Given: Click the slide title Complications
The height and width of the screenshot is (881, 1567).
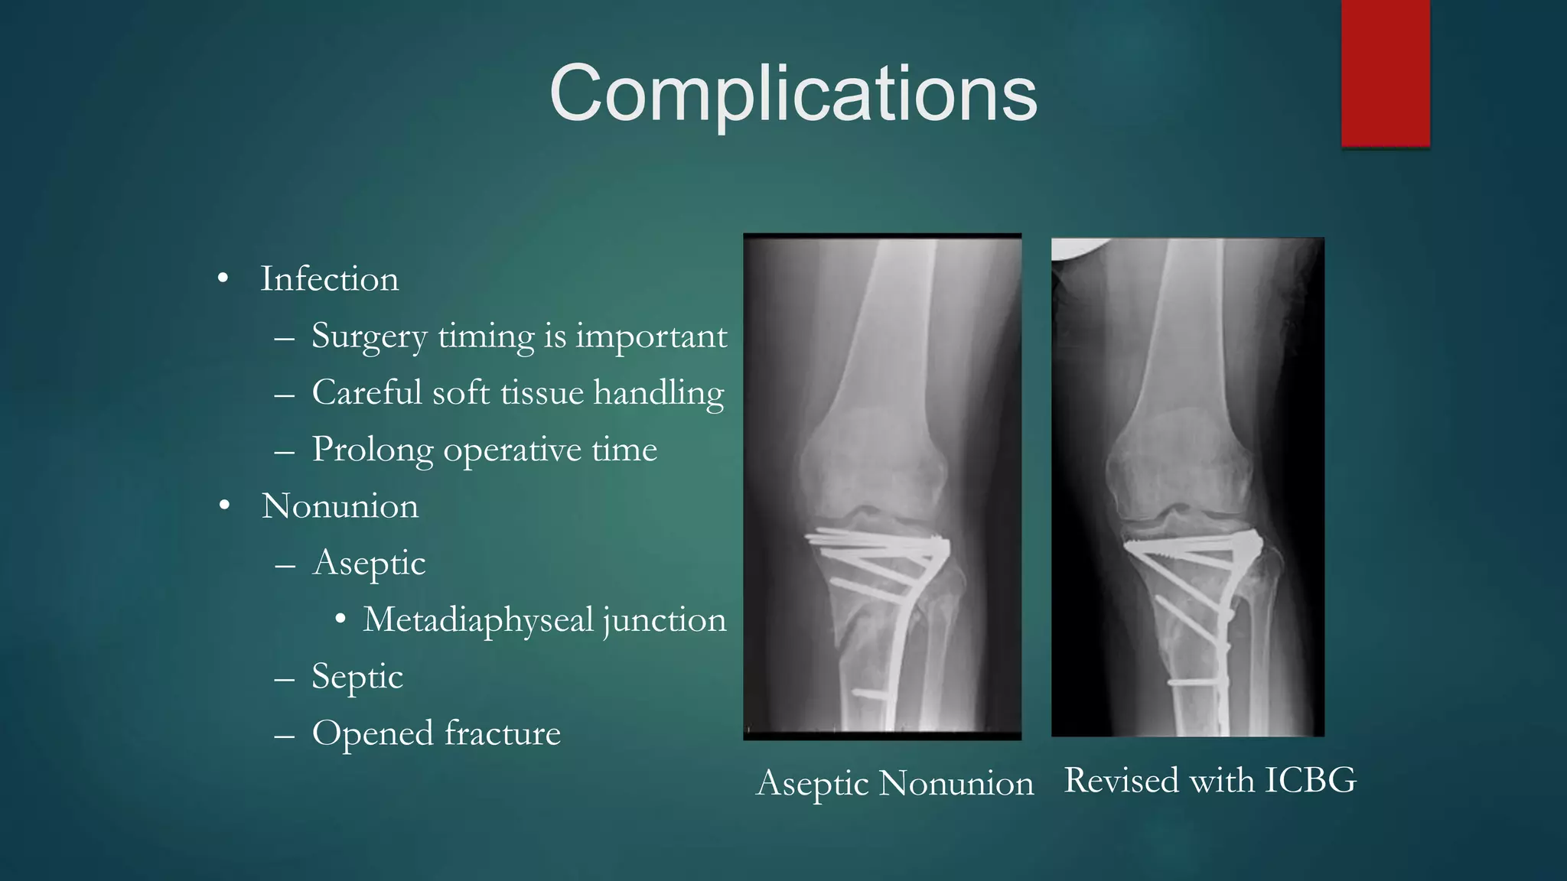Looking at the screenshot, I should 793,93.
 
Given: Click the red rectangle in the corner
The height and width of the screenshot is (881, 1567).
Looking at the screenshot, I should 1385,73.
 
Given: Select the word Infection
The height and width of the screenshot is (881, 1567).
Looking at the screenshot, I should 329,279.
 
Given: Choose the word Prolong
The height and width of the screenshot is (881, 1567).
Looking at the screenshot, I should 372,450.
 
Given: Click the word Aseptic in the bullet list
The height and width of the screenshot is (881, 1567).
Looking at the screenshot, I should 369,564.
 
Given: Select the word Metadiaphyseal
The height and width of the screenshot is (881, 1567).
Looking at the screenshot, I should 478,619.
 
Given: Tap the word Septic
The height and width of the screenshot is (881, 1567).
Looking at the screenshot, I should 357,677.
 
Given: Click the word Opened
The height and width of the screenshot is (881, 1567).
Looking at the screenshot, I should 373,733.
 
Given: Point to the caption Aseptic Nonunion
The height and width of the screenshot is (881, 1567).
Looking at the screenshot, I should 894,784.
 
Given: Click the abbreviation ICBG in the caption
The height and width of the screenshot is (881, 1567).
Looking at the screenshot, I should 1310,781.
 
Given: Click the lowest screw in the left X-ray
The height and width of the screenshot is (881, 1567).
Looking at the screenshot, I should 869,694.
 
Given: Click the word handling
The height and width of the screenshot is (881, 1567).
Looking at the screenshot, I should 658,393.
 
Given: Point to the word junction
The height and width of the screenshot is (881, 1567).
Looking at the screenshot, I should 664,619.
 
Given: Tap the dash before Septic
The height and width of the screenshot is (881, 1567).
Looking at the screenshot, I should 285,678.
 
